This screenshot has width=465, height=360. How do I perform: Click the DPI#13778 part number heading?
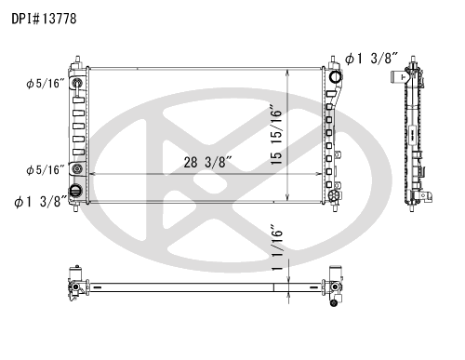[x=44, y=19]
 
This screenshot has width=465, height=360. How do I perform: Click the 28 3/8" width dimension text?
[x=207, y=162]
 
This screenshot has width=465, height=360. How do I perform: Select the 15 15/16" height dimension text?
[x=276, y=136]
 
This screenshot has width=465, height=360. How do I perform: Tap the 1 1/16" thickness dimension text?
[x=277, y=247]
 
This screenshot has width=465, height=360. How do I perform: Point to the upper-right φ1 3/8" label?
[x=371, y=59]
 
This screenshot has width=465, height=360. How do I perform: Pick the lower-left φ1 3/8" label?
[x=41, y=202]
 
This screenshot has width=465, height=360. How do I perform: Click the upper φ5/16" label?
[x=46, y=84]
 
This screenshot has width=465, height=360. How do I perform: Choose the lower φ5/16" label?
[x=46, y=169]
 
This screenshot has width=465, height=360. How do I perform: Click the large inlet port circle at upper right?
[x=335, y=76]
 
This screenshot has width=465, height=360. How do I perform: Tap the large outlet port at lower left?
[x=75, y=191]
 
